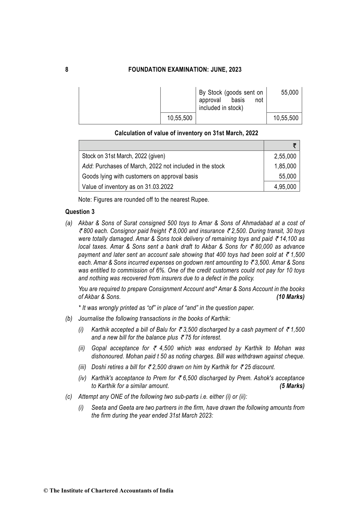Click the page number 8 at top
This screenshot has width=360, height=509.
pos(67,70)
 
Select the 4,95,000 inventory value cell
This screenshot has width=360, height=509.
pos(285,187)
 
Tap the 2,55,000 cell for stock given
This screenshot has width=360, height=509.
pos(285,156)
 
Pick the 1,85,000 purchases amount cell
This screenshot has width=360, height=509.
pos(285,166)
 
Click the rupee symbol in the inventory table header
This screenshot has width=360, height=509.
pos(294,146)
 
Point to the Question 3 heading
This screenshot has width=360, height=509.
pos(80,212)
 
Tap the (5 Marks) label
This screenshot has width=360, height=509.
pos(292,386)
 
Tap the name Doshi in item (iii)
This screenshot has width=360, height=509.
pos(98,367)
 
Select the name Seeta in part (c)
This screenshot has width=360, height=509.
pos(99,408)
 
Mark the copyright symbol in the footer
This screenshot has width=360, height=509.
pos(46,491)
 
